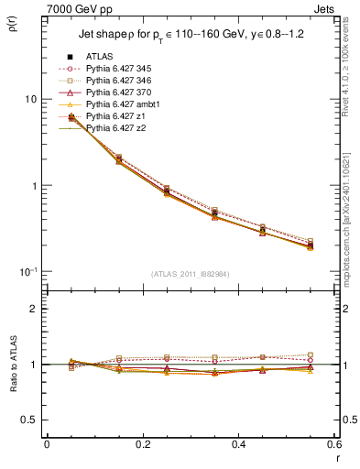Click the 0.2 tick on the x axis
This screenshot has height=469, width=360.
point(142,444)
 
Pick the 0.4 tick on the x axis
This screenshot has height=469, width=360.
point(237,444)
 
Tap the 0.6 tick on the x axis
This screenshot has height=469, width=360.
point(332,444)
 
